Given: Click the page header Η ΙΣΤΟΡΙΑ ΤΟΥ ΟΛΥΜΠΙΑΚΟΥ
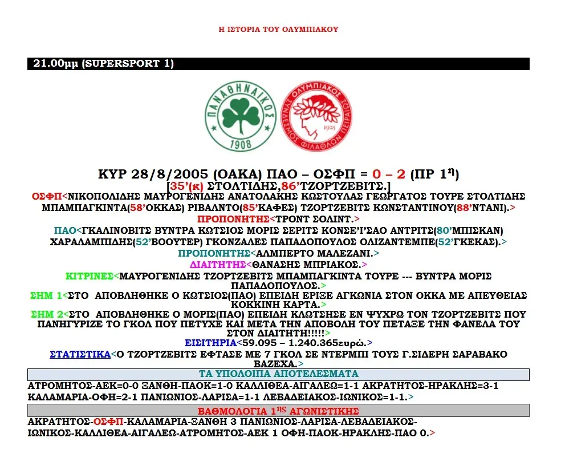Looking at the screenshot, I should tap(279, 29).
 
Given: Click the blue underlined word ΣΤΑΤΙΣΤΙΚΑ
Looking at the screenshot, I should tap(80, 354).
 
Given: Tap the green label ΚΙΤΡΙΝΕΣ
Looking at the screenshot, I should tap(89, 276).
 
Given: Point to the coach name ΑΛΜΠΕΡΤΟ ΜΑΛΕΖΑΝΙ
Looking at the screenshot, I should tap(314, 253).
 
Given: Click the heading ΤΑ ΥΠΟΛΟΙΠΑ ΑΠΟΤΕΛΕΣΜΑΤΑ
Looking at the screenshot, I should tap(278, 374).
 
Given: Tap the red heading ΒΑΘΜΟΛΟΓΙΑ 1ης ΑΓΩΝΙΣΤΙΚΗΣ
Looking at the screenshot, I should tap(278, 411).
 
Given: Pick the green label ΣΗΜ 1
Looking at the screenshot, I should tap(46, 295).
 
